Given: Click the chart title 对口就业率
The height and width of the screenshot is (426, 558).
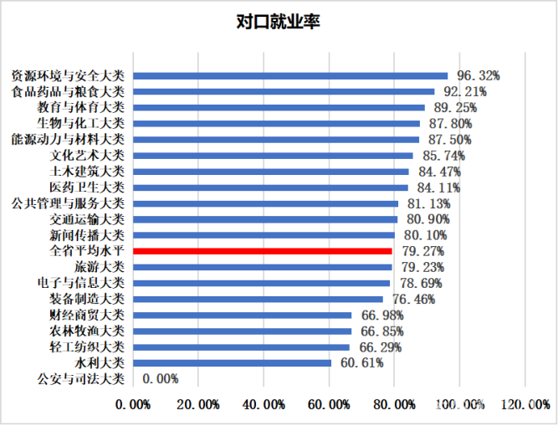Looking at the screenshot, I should pos(279,22).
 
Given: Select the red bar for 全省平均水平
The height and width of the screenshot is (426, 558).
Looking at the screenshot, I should pos(263,251).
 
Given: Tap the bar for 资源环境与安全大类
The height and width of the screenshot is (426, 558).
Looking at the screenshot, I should pos(290,75).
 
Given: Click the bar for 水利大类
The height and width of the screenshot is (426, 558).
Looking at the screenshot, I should pos(233,363).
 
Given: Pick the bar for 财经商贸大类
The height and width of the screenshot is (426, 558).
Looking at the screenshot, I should pos(243,316).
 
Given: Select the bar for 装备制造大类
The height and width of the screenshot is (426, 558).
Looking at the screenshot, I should pos(258,299).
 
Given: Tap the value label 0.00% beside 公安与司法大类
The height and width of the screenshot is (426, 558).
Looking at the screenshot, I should pos(161,379).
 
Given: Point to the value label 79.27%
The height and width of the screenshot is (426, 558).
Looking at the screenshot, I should pos(423,251).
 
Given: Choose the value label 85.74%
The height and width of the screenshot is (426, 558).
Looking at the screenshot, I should pos(444,156).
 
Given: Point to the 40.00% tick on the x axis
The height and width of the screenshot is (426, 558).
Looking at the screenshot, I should pos(264,404).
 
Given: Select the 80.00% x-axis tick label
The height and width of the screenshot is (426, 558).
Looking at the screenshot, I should pos(394,404).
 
